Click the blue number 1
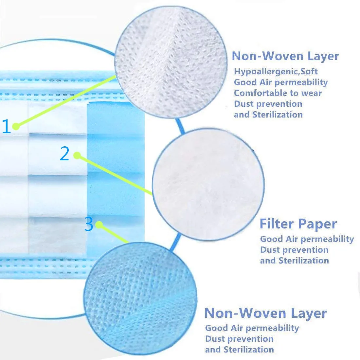click(x=7, y=126)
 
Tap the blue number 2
click(x=64, y=153)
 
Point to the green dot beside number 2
click(x=77, y=155)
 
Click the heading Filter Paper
click(x=298, y=224)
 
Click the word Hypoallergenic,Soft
click(x=276, y=71)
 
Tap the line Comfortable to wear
click(x=278, y=93)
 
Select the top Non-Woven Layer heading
click(x=285, y=56)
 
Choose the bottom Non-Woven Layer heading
click(x=265, y=313)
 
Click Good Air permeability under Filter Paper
click(x=307, y=239)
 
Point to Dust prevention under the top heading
click(x=268, y=104)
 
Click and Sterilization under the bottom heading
click(x=239, y=350)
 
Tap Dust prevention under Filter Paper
click(x=294, y=250)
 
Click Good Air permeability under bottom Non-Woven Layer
click(x=252, y=328)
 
